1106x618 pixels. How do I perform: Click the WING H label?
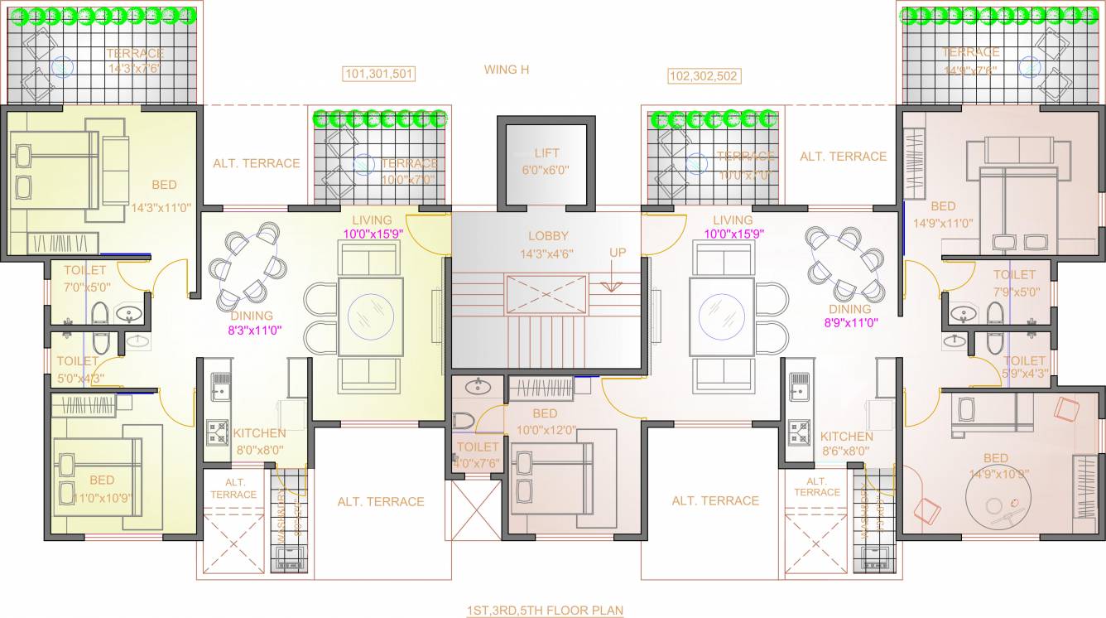(x=507, y=70)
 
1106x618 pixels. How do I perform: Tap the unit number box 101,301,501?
(x=379, y=75)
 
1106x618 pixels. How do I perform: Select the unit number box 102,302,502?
(x=704, y=76)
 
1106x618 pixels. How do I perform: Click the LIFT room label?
(x=546, y=153)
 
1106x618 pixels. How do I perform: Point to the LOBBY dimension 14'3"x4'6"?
(x=547, y=253)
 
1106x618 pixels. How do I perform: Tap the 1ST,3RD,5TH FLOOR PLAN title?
(x=545, y=611)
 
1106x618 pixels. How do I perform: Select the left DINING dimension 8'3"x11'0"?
(x=255, y=329)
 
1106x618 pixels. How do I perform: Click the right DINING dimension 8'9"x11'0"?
(x=850, y=323)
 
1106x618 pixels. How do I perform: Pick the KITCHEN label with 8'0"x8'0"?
(x=259, y=433)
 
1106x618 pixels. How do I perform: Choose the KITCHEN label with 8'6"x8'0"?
(x=847, y=437)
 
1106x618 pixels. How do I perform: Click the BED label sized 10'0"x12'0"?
(x=545, y=413)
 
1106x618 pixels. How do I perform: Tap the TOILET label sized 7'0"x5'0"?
(x=85, y=270)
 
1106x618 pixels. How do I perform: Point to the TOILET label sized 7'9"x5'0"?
(x=1014, y=274)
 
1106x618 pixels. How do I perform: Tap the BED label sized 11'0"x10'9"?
(x=102, y=480)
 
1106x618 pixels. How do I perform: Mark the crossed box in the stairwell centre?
(x=546, y=294)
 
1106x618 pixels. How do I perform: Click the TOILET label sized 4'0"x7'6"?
(x=478, y=447)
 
